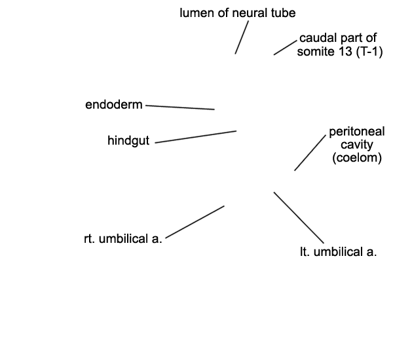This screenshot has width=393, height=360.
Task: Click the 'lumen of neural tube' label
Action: coord(238,13)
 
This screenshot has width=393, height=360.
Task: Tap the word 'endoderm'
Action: coord(114,105)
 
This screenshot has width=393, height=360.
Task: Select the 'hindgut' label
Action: coord(128,141)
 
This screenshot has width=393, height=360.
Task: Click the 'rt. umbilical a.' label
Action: coord(123,239)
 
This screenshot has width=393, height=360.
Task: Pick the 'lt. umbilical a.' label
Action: coord(339,252)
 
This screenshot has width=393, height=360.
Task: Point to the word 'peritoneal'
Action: coord(357,132)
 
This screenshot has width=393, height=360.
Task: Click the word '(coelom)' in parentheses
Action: coord(357,158)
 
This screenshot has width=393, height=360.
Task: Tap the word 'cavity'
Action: coord(357,145)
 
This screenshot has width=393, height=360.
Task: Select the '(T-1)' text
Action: coord(369,52)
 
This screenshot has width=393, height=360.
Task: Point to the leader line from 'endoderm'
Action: coord(180,107)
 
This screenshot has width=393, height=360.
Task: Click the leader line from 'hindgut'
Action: coord(196,137)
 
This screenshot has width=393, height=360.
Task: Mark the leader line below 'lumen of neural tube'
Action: coord(242,37)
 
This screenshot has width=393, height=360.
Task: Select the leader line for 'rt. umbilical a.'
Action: coord(195,222)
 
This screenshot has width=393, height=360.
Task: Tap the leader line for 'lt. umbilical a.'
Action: coord(299,218)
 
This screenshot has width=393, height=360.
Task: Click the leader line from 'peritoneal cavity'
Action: coord(310,153)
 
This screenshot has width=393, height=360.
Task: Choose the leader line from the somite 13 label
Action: coord(285,48)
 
